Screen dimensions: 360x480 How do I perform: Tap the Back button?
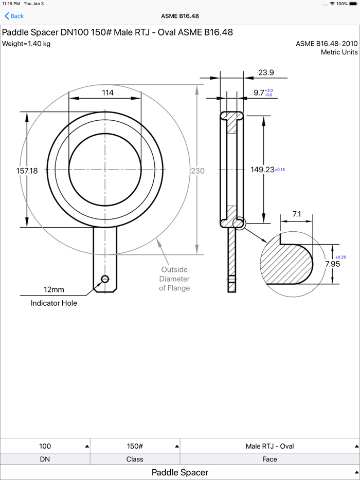pyautogui.click(x=14, y=16)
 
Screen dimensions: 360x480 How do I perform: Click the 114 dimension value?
pyautogui.click(x=108, y=93)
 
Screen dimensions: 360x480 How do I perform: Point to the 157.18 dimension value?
pyautogui.click(x=27, y=171)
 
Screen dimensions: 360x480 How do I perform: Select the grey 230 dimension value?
pyautogui.click(x=197, y=171)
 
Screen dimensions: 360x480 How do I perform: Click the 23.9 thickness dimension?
pyautogui.click(x=266, y=72)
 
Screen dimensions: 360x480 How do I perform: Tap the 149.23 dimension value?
pyautogui.click(x=262, y=170)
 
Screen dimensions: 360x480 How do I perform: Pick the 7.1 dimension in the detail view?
pyautogui.click(x=297, y=214)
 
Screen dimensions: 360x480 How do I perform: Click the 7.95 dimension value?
pyautogui.click(x=332, y=264)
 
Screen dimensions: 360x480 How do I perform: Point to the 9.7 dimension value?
pyautogui.click(x=259, y=93)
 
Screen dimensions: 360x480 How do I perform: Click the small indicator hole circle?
pyautogui.click(x=105, y=279)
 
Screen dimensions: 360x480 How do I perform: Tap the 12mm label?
pyautogui.click(x=54, y=289)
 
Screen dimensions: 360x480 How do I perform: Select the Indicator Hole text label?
pyautogui.click(x=54, y=303)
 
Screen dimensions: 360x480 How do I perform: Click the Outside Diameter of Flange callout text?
pyautogui.click(x=174, y=279)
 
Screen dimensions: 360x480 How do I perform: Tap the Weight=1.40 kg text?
pyautogui.click(x=26, y=44)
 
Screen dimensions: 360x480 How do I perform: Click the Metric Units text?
pyautogui.click(x=339, y=52)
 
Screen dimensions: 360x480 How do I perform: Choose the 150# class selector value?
pyautogui.click(x=135, y=446)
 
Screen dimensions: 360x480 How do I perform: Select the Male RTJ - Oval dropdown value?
pyautogui.click(x=269, y=446)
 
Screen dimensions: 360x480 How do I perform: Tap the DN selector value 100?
pyautogui.click(x=45, y=446)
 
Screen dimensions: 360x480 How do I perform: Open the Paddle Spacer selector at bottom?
pyautogui.click(x=180, y=472)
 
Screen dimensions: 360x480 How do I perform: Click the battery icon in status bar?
pyautogui.click(x=354, y=4)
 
